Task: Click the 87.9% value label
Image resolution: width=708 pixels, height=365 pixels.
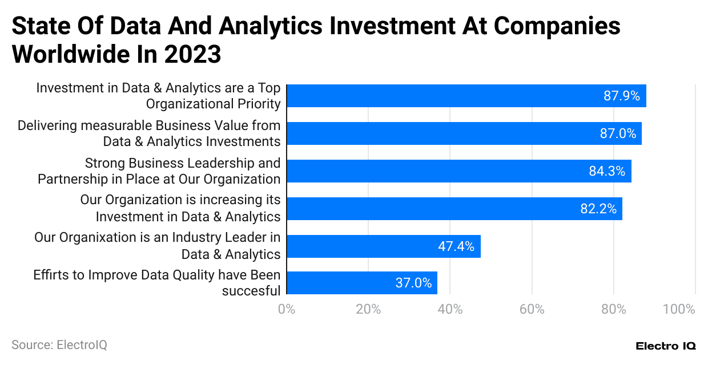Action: tap(621, 96)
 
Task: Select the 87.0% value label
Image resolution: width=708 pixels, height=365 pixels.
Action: tap(617, 133)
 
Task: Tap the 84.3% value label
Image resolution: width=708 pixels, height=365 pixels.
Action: tap(607, 171)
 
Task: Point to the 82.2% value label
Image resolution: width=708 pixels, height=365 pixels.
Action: tap(598, 209)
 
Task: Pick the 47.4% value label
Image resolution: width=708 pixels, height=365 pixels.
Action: tap(456, 246)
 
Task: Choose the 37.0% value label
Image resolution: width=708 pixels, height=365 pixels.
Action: tap(413, 283)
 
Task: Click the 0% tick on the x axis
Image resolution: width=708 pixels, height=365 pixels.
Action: tap(286, 310)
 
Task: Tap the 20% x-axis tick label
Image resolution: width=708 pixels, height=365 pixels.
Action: tap(368, 310)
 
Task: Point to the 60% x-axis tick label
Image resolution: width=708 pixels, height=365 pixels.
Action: tap(532, 310)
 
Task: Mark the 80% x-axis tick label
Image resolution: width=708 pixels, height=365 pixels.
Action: tap(613, 310)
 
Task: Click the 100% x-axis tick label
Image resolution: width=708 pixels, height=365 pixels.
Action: tap(679, 310)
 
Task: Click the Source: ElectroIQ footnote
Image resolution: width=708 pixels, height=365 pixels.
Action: tap(59, 345)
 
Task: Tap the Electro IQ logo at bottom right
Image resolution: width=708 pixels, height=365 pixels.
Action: tap(665, 346)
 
